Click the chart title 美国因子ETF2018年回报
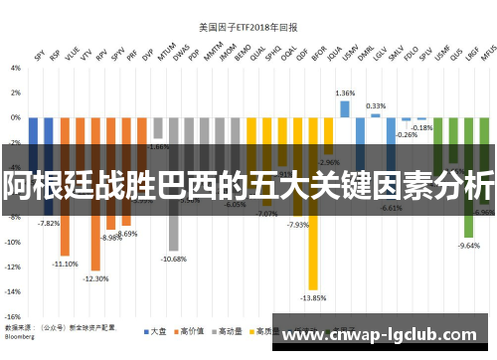coord(249,12)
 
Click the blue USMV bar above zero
coord(345,108)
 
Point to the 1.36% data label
coord(345,92)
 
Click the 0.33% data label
coord(376,105)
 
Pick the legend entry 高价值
coord(193,330)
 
